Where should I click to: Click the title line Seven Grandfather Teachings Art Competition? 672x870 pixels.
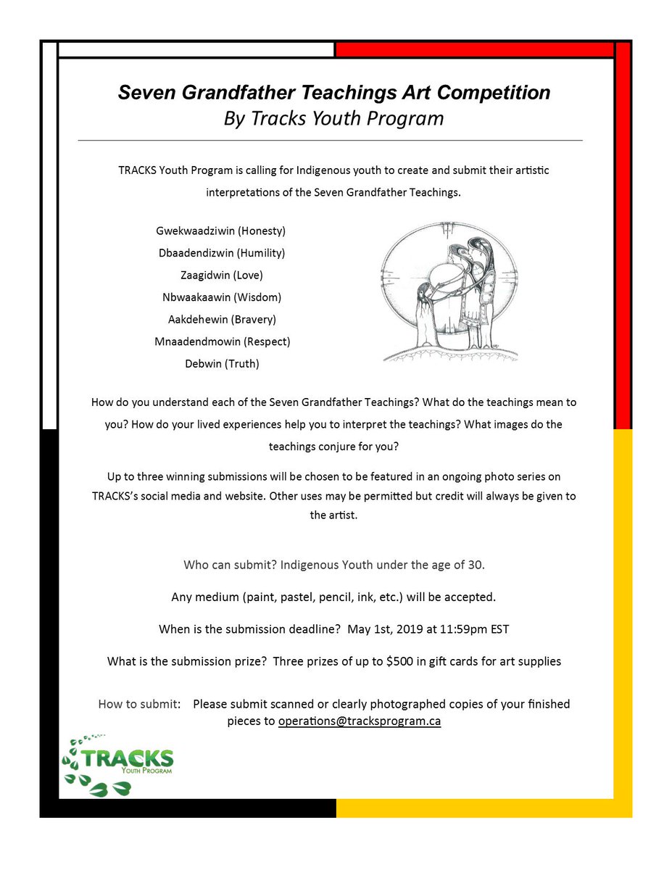[334, 93]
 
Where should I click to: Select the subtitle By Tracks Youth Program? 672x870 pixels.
[333, 118]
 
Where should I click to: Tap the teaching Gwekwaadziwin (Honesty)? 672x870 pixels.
[221, 231]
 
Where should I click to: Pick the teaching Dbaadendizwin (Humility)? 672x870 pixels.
[221, 253]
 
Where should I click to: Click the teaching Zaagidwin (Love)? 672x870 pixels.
[222, 275]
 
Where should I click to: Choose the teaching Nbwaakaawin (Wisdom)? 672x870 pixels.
[221, 297]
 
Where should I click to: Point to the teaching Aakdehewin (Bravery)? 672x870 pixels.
[221, 319]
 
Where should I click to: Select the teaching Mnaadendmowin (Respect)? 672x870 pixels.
[222, 341]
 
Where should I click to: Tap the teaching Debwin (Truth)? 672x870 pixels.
[222, 364]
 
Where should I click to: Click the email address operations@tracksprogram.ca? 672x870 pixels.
[360, 721]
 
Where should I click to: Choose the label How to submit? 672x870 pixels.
[139, 704]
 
